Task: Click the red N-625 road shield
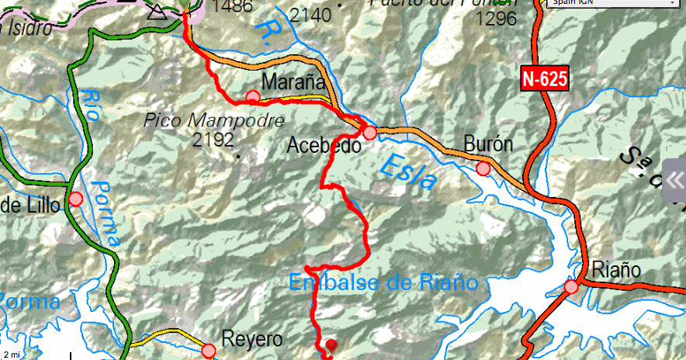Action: point(545,78)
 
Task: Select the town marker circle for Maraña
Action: point(253,97)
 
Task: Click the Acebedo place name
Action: point(324,145)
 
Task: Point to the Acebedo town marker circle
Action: point(370,133)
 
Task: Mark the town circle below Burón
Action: point(483,168)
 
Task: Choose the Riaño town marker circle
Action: point(572,287)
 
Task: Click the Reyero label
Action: point(252,339)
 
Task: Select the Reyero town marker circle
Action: point(209,351)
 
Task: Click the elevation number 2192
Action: point(214,140)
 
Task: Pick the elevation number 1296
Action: point(496,18)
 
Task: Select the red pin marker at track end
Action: point(332,345)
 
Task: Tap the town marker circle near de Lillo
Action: point(75,199)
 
